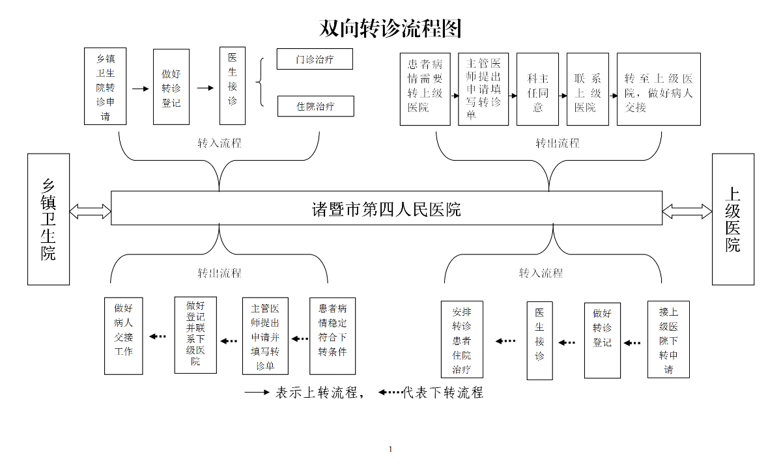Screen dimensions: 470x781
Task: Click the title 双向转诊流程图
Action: click(x=390, y=28)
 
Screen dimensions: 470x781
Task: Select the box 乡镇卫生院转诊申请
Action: click(x=105, y=86)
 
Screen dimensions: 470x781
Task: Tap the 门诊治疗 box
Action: click(x=315, y=59)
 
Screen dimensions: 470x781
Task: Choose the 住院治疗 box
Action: click(x=315, y=106)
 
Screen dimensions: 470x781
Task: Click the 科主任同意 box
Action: click(x=537, y=89)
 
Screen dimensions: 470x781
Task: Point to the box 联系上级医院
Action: click(x=588, y=89)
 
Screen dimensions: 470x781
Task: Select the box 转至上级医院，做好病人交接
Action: click(x=659, y=89)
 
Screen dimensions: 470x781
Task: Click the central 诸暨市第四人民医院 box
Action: click(x=386, y=208)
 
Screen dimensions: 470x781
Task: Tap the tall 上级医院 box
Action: click(x=733, y=219)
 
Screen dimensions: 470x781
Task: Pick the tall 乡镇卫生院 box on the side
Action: click(x=48, y=219)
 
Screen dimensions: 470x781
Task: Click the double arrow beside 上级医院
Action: click(x=687, y=211)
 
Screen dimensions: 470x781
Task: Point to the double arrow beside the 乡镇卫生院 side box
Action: click(x=90, y=211)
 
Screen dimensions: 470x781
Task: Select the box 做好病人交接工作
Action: click(x=124, y=336)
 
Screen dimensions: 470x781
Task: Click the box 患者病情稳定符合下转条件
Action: click(x=332, y=336)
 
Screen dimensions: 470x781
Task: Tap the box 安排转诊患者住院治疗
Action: click(x=462, y=340)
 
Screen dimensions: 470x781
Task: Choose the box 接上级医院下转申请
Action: click(x=668, y=339)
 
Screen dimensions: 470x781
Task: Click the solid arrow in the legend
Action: click(x=257, y=393)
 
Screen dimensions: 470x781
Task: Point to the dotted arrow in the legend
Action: click(x=390, y=393)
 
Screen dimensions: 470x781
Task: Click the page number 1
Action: click(x=390, y=449)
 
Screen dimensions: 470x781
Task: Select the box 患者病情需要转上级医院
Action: click(x=425, y=89)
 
